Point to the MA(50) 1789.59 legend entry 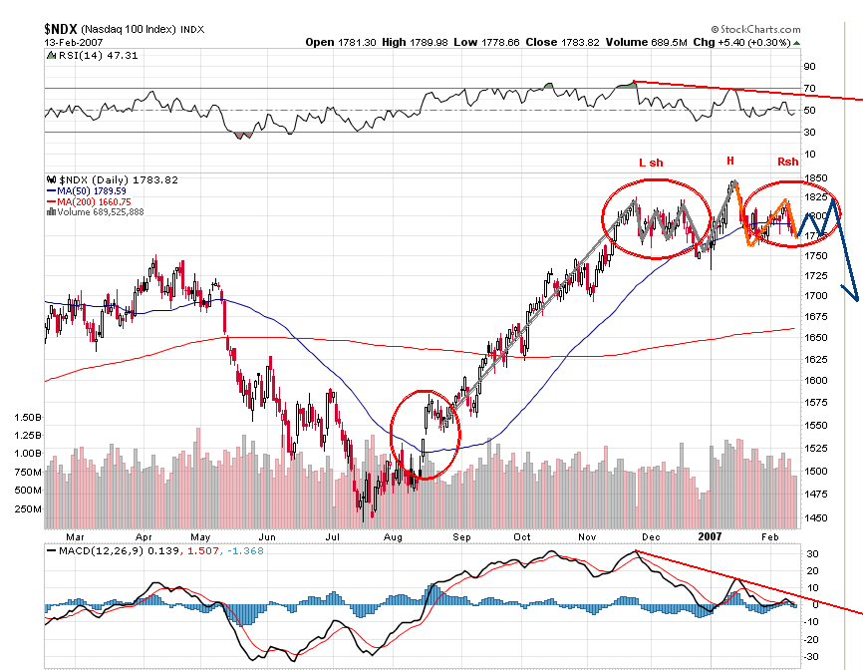coord(90,190)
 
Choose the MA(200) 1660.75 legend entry coord(93,201)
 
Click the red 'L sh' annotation coord(650,162)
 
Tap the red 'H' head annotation coord(729,161)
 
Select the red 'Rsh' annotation coord(787,162)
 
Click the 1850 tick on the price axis coord(817,177)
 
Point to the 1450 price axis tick coord(817,517)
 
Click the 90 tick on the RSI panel coord(810,67)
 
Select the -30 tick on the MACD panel coord(812,655)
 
